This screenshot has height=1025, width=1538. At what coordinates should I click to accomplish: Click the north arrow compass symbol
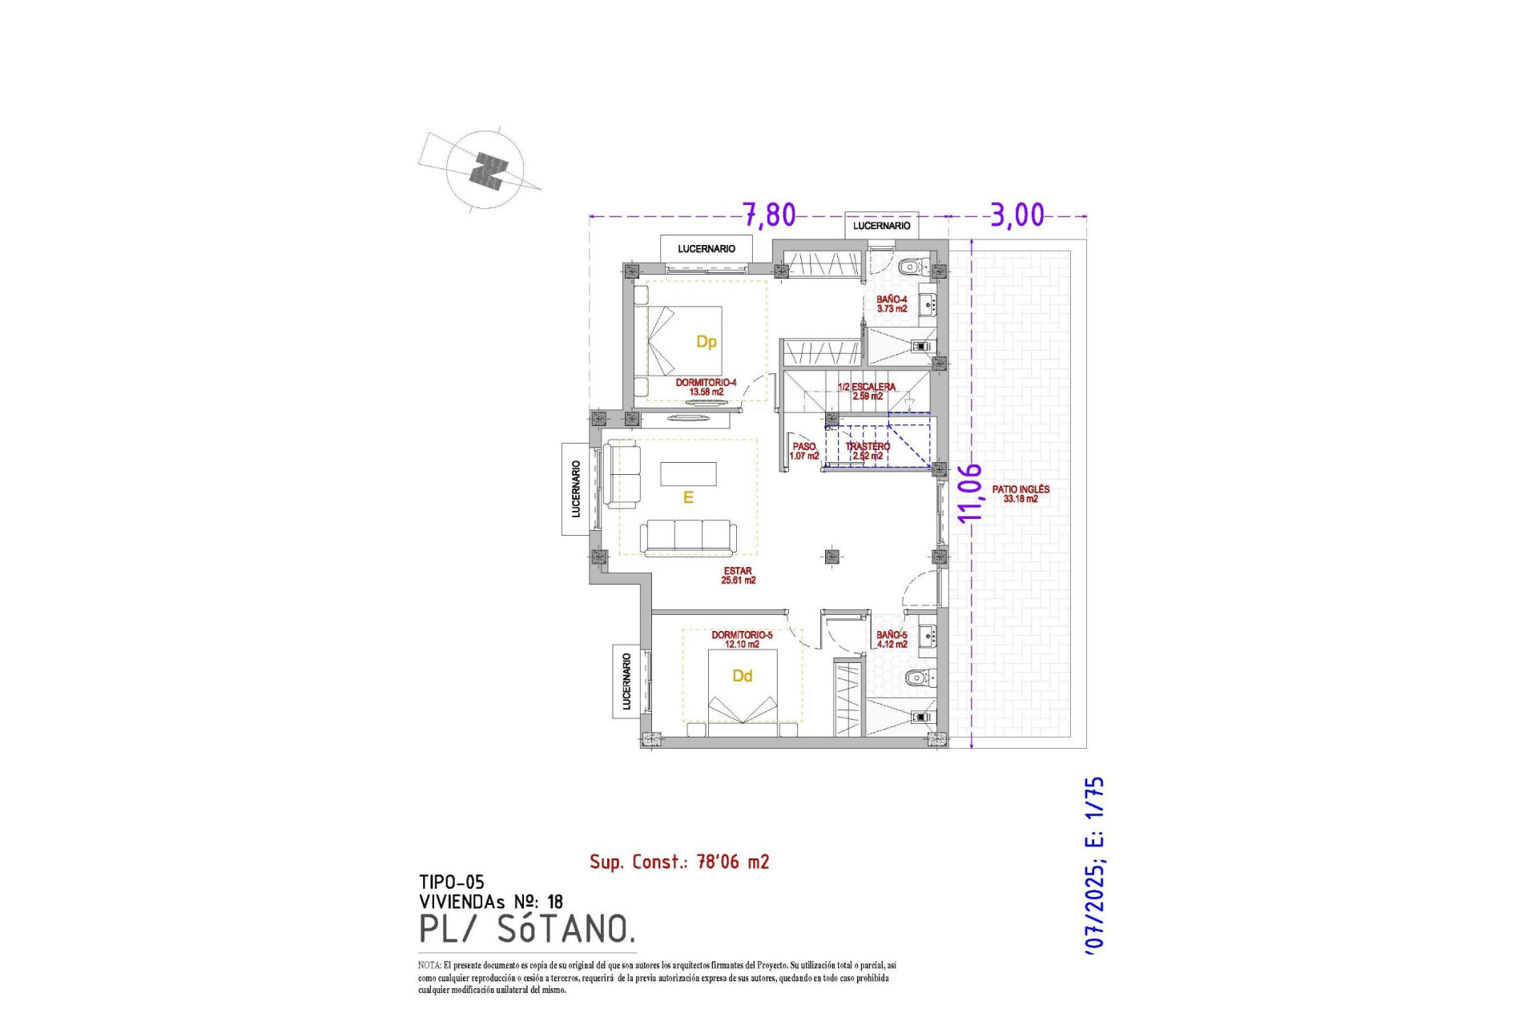(485, 171)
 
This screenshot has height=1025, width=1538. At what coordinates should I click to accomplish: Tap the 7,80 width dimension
(769, 215)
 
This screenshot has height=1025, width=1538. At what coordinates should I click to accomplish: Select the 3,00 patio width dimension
(1017, 215)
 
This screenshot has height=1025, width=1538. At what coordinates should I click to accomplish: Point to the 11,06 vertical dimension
(970, 492)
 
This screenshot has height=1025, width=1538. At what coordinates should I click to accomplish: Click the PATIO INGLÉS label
(1021, 493)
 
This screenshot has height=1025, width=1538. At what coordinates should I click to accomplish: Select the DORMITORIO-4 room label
(706, 387)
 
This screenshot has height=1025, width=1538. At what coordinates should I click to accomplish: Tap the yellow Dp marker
(706, 342)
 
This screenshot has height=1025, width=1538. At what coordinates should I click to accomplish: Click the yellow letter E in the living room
(687, 498)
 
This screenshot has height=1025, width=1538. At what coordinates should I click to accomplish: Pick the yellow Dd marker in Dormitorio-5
(742, 676)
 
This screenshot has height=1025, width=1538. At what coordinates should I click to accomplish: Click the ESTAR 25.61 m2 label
(738, 576)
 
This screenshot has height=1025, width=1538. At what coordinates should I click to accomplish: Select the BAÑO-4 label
(892, 303)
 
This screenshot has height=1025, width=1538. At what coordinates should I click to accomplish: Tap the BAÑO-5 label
(892, 639)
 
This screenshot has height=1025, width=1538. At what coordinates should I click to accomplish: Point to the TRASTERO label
(868, 451)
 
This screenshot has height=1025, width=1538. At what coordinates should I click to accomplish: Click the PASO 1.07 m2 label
(803, 451)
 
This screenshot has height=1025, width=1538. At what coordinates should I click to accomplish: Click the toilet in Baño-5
(917, 678)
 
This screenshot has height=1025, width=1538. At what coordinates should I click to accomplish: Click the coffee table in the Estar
(688, 474)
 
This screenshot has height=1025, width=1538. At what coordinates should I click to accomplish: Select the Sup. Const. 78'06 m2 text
(679, 862)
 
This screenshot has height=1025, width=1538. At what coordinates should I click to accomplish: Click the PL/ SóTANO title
(527, 929)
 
